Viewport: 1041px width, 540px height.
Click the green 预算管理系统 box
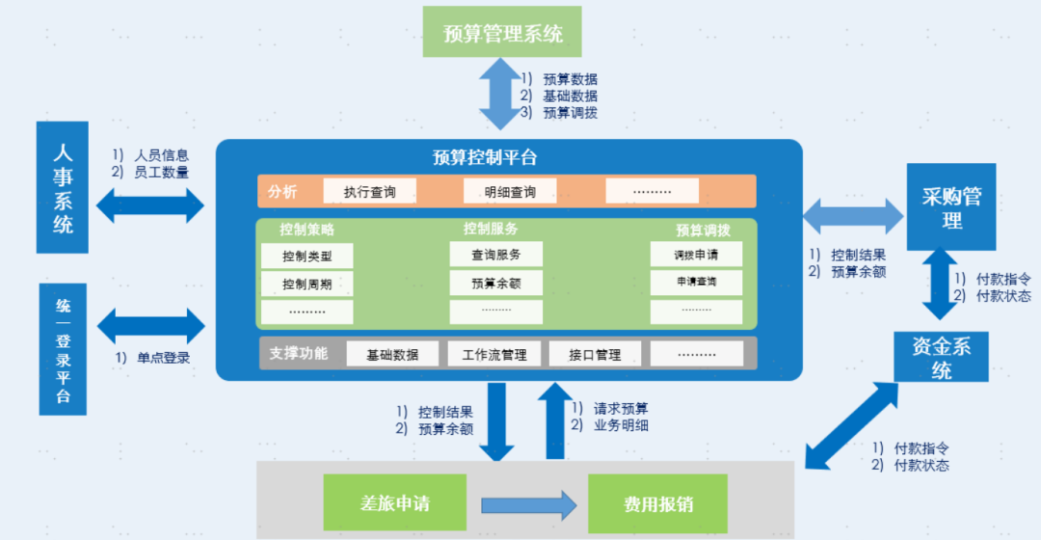504,33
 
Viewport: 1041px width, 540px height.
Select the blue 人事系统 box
63,188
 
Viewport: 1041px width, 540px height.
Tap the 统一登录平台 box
63,350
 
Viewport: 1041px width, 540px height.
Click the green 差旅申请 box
395,503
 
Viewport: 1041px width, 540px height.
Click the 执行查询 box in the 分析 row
370,191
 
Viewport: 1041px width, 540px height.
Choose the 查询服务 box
495,256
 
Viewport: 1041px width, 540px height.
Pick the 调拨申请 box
696,256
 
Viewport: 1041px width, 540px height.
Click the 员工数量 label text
161,172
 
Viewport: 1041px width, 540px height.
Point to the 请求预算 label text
621,408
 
